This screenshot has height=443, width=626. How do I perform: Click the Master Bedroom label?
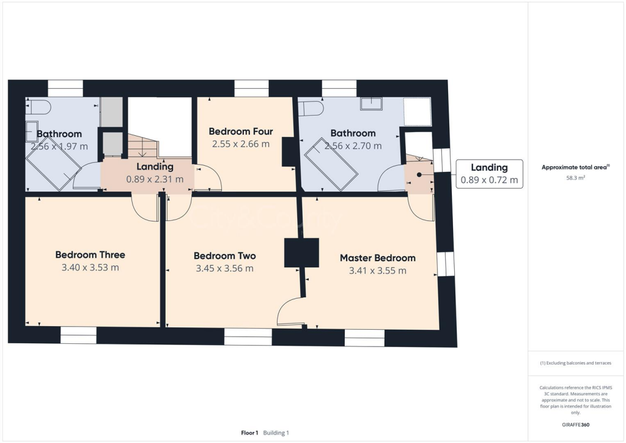tap(377, 258)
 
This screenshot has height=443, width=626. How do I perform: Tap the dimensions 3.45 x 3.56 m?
tap(224, 268)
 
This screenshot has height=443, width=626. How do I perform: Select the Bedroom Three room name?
tap(90, 255)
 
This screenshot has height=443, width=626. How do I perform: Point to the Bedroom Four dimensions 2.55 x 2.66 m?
tap(240, 144)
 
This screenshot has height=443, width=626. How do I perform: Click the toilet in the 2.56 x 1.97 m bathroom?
tap(38, 108)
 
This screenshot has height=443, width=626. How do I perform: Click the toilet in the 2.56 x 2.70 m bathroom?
tap(312, 108)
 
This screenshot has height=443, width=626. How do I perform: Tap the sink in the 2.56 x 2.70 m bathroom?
tap(371, 104)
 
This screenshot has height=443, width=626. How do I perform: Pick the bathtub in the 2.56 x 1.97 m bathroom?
tap(53, 164)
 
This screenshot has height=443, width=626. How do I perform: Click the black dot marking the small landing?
tap(419, 174)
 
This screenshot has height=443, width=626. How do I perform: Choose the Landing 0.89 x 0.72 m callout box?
tap(488, 173)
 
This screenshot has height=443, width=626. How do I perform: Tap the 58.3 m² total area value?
tap(575, 178)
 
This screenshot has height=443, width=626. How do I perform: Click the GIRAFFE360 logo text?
tap(575, 425)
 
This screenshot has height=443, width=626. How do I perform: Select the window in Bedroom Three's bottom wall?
tap(78, 335)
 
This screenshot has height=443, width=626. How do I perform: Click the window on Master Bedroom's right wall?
tap(446, 263)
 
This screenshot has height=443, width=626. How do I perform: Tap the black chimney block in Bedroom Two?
tap(301, 252)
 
